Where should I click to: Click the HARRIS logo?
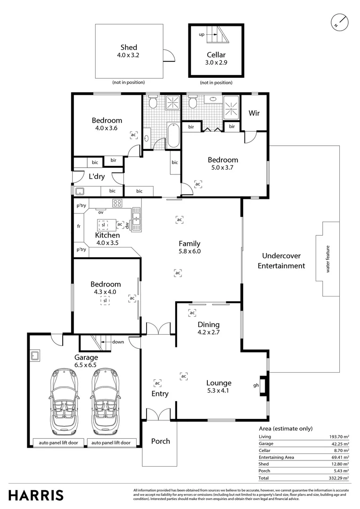[x=36, y=495]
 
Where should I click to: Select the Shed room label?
[x=129, y=47]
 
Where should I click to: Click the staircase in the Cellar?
[x=218, y=34]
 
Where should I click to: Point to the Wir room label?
[x=254, y=113]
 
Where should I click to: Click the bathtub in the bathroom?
[x=172, y=136]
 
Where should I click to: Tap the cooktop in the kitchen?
[x=117, y=204]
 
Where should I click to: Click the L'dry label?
[x=97, y=177]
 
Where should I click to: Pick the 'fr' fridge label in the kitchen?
[x=79, y=226]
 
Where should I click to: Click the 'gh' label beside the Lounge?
[x=256, y=386]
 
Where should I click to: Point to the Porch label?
[x=160, y=441]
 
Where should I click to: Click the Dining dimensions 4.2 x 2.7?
[x=208, y=332]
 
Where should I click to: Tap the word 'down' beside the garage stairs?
[x=118, y=342]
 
